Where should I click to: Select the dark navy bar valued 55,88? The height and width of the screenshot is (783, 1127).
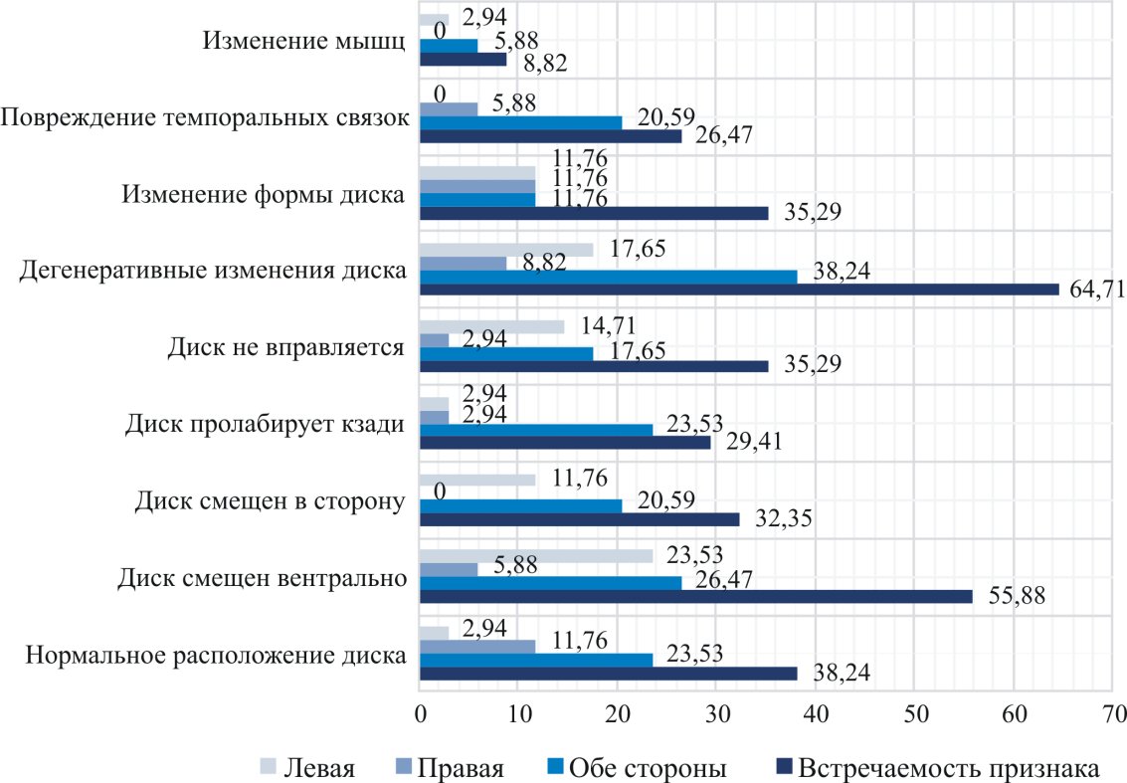[695, 596]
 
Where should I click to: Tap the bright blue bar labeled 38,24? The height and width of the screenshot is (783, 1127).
[608, 277]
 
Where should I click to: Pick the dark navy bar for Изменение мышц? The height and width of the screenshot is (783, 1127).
[463, 59]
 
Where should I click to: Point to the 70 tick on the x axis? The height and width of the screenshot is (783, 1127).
[1113, 713]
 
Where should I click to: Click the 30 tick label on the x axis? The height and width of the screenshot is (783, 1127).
[716, 713]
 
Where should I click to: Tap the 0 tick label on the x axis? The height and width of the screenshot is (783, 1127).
[420, 713]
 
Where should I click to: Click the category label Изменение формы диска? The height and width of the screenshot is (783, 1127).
[263, 194]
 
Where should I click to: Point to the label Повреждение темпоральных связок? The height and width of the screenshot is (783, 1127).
[205, 117]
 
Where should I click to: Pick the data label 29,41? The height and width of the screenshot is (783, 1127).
[755, 442]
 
